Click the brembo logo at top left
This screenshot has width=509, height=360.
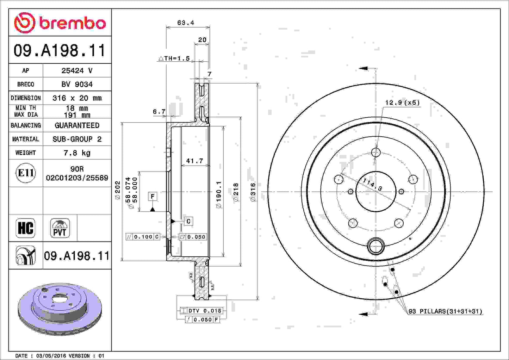60,23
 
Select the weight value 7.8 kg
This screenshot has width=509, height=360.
77,153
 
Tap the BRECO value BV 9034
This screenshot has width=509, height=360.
77,84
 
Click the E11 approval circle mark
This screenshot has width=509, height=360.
26,173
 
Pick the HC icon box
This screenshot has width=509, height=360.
26,228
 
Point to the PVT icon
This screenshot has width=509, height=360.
60,228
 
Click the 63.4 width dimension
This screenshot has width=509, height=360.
186,23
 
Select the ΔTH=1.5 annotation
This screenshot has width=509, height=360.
174,58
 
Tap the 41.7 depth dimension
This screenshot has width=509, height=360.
194,161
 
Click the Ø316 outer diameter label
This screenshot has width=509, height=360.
253,192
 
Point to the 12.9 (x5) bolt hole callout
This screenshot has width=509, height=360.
402,103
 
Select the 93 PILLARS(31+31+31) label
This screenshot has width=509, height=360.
445,311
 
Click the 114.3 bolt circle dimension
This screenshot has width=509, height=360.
372,185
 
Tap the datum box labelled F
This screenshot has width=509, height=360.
153,196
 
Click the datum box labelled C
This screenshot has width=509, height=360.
188,221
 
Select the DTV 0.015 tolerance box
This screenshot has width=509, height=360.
201,311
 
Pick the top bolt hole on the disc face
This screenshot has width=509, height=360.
376,152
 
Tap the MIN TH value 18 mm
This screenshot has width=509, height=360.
77,108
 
